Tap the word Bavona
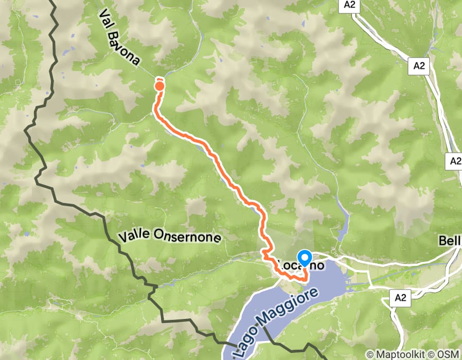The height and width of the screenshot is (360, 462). (125, 50)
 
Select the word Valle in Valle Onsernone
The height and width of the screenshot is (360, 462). (134, 236)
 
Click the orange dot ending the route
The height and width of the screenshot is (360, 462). (159, 86)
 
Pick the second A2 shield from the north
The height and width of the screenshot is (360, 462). (420, 66)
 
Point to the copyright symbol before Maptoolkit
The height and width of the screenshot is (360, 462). (369, 355)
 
